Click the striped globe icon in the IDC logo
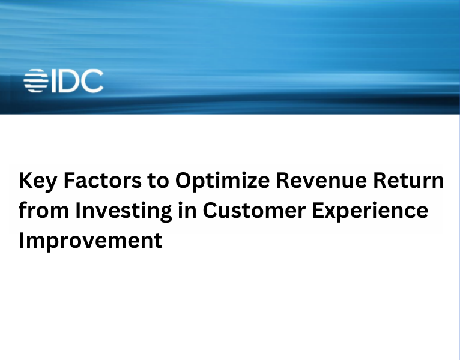coord(35,81)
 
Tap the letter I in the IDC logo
coord(52,81)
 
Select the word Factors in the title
coord(99,181)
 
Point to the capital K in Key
coord(26,181)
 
